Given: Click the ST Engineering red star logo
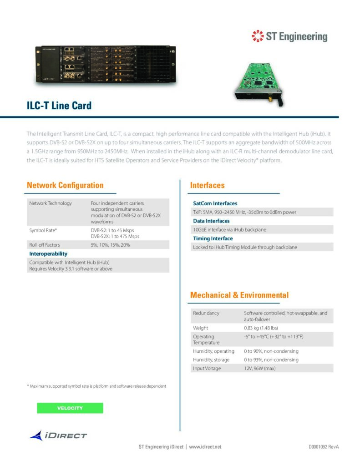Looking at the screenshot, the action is tap(258, 36).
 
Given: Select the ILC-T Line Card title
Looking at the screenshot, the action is tap(59, 106).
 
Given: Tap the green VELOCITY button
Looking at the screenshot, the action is tap(70, 408).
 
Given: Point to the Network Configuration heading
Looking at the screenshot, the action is tap(65, 185).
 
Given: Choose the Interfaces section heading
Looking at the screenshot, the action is tap(207, 185).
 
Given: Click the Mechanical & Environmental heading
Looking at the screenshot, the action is tap(239, 295).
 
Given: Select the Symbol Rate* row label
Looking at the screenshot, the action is tap(43, 230).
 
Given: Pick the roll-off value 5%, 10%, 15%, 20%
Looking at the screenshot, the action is tap(110, 245).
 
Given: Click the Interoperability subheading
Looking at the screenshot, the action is tap(48, 253).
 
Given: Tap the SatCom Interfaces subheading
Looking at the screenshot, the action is tap(215, 203).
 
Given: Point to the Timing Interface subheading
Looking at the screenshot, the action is tap(213, 238).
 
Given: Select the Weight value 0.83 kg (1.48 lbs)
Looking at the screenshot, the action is tap(261, 328).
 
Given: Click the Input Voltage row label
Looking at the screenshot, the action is tap(207, 368).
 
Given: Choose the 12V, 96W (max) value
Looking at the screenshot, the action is tap(260, 368).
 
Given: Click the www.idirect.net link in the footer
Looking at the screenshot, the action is tap(205, 447).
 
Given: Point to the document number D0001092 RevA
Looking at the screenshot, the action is tap(324, 447).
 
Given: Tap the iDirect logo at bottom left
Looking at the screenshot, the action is tap(58, 436).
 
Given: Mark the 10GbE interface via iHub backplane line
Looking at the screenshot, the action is tap(229, 229).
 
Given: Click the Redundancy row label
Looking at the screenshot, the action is tap(206, 313).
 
